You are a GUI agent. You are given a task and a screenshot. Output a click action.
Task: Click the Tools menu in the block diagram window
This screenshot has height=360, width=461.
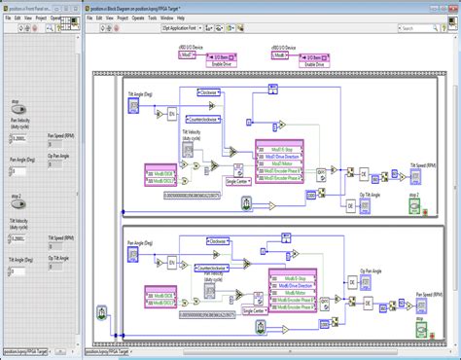pos(152,18)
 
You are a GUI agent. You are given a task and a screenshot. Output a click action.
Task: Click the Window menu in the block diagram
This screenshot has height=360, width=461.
pos(166,18)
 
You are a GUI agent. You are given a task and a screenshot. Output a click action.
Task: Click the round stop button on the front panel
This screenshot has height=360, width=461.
pos(18,110)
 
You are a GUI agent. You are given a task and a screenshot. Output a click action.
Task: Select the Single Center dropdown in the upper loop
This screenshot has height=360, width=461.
pos(239,180)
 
